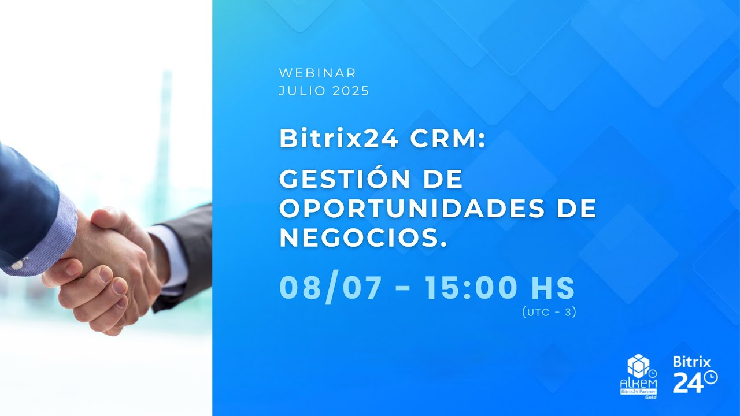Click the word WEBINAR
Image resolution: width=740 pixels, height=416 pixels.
(x=317, y=73)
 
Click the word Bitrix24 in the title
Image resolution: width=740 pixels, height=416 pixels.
(x=338, y=139)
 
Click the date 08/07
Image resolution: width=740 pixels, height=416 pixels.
(x=331, y=288)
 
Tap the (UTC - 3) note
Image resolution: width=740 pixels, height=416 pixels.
(x=549, y=313)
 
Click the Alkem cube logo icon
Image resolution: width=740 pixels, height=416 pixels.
(x=638, y=366)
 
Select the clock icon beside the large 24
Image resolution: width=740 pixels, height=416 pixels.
(x=711, y=377)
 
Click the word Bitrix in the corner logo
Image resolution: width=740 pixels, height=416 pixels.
(x=691, y=362)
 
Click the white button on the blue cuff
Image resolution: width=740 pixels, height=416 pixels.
(x=18, y=265)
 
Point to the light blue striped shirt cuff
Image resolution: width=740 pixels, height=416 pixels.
(x=55, y=237)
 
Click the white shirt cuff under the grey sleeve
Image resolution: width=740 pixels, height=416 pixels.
(x=168, y=254)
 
